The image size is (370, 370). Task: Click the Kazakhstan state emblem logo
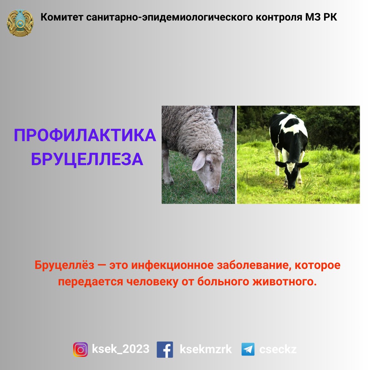[x=20, y=23]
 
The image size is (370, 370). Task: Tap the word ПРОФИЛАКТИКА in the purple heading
[x=85, y=135]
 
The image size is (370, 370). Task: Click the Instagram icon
[x=80, y=349]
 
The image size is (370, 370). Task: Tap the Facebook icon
[x=165, y=349]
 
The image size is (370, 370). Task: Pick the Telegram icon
[x=248, y=349]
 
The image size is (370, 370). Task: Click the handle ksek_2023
[x=121, y=349]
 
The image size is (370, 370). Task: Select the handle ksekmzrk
[x=206, y=349]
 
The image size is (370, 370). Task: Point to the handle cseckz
[x=278, y=349]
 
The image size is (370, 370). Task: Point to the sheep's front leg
[x=166, y=166]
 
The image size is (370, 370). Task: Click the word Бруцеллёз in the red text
[x=64, y=265]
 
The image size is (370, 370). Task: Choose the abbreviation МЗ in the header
[x=312, y=17]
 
